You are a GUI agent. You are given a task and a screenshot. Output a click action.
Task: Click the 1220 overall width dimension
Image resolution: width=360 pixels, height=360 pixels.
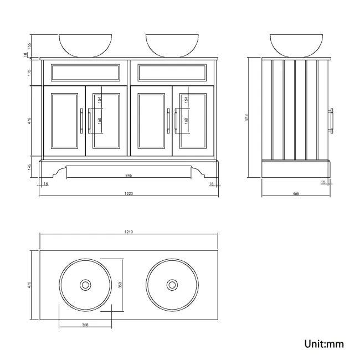(129, 193)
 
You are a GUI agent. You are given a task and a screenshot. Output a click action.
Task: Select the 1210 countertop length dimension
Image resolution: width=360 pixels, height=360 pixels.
(129, 232)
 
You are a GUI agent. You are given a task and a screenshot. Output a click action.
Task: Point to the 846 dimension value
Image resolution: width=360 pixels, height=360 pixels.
(129, 175)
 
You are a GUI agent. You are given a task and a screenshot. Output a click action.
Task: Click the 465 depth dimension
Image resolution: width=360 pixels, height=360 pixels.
(296, 193)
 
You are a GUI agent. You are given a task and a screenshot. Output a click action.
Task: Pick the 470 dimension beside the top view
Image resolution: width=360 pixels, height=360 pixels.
(30, 285)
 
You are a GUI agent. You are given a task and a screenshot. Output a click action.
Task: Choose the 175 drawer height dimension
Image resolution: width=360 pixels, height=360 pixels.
(30, 72)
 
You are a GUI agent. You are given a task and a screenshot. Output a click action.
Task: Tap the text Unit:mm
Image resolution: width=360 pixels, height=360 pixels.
(324, 343)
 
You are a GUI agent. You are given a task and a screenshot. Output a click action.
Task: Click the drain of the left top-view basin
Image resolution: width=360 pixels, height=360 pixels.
(85, 285)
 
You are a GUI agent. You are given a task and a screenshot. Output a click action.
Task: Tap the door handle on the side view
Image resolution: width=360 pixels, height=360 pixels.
(333, 120)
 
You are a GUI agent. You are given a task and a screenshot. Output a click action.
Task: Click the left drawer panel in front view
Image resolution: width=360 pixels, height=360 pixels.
(85, 72)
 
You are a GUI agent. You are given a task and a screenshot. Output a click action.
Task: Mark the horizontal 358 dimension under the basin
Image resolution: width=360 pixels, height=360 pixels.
(85, 325)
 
